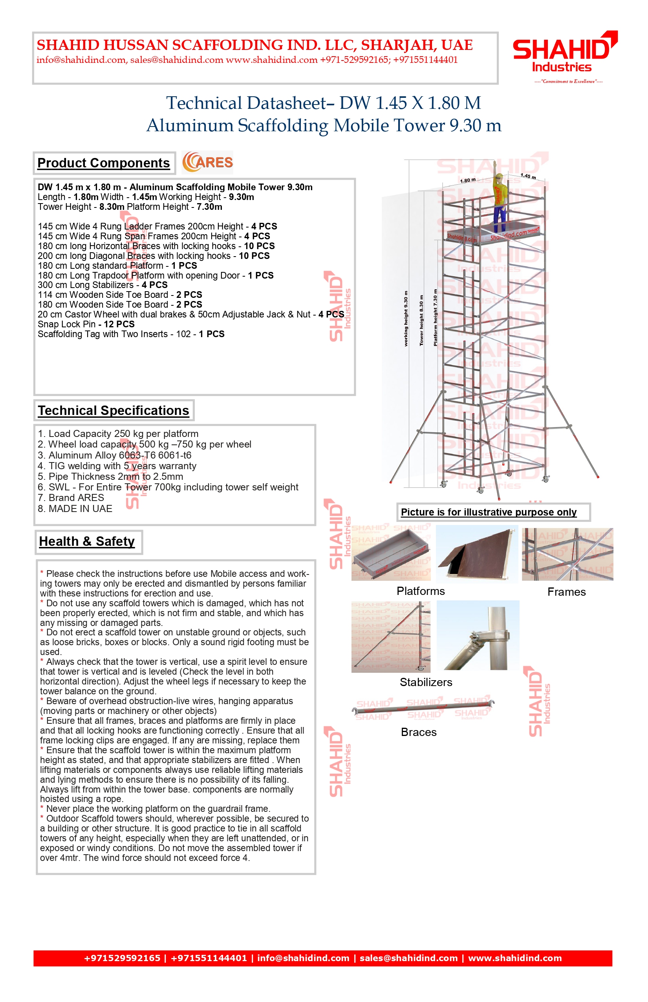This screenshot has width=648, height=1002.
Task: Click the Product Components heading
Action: click(x=104, y=163)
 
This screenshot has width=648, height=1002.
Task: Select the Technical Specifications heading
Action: click(x=113, y=411)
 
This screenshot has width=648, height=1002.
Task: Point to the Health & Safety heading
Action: click(x=87, y=541)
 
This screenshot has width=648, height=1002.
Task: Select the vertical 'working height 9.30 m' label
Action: click(x=406, y=319)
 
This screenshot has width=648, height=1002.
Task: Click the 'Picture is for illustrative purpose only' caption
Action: click(x=489, y=512)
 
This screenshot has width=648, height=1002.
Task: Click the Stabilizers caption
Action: click(x=426, y=682)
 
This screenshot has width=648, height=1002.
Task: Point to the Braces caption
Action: click(x=419, y=732)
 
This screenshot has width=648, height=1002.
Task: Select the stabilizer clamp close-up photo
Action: click(x=478, y=635)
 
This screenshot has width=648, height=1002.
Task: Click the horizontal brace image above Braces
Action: click(x=423, y=708)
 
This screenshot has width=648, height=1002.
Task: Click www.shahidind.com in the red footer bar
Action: click(x=515, y=958)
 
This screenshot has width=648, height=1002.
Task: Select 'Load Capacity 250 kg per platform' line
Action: click(x=118, y=434)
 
